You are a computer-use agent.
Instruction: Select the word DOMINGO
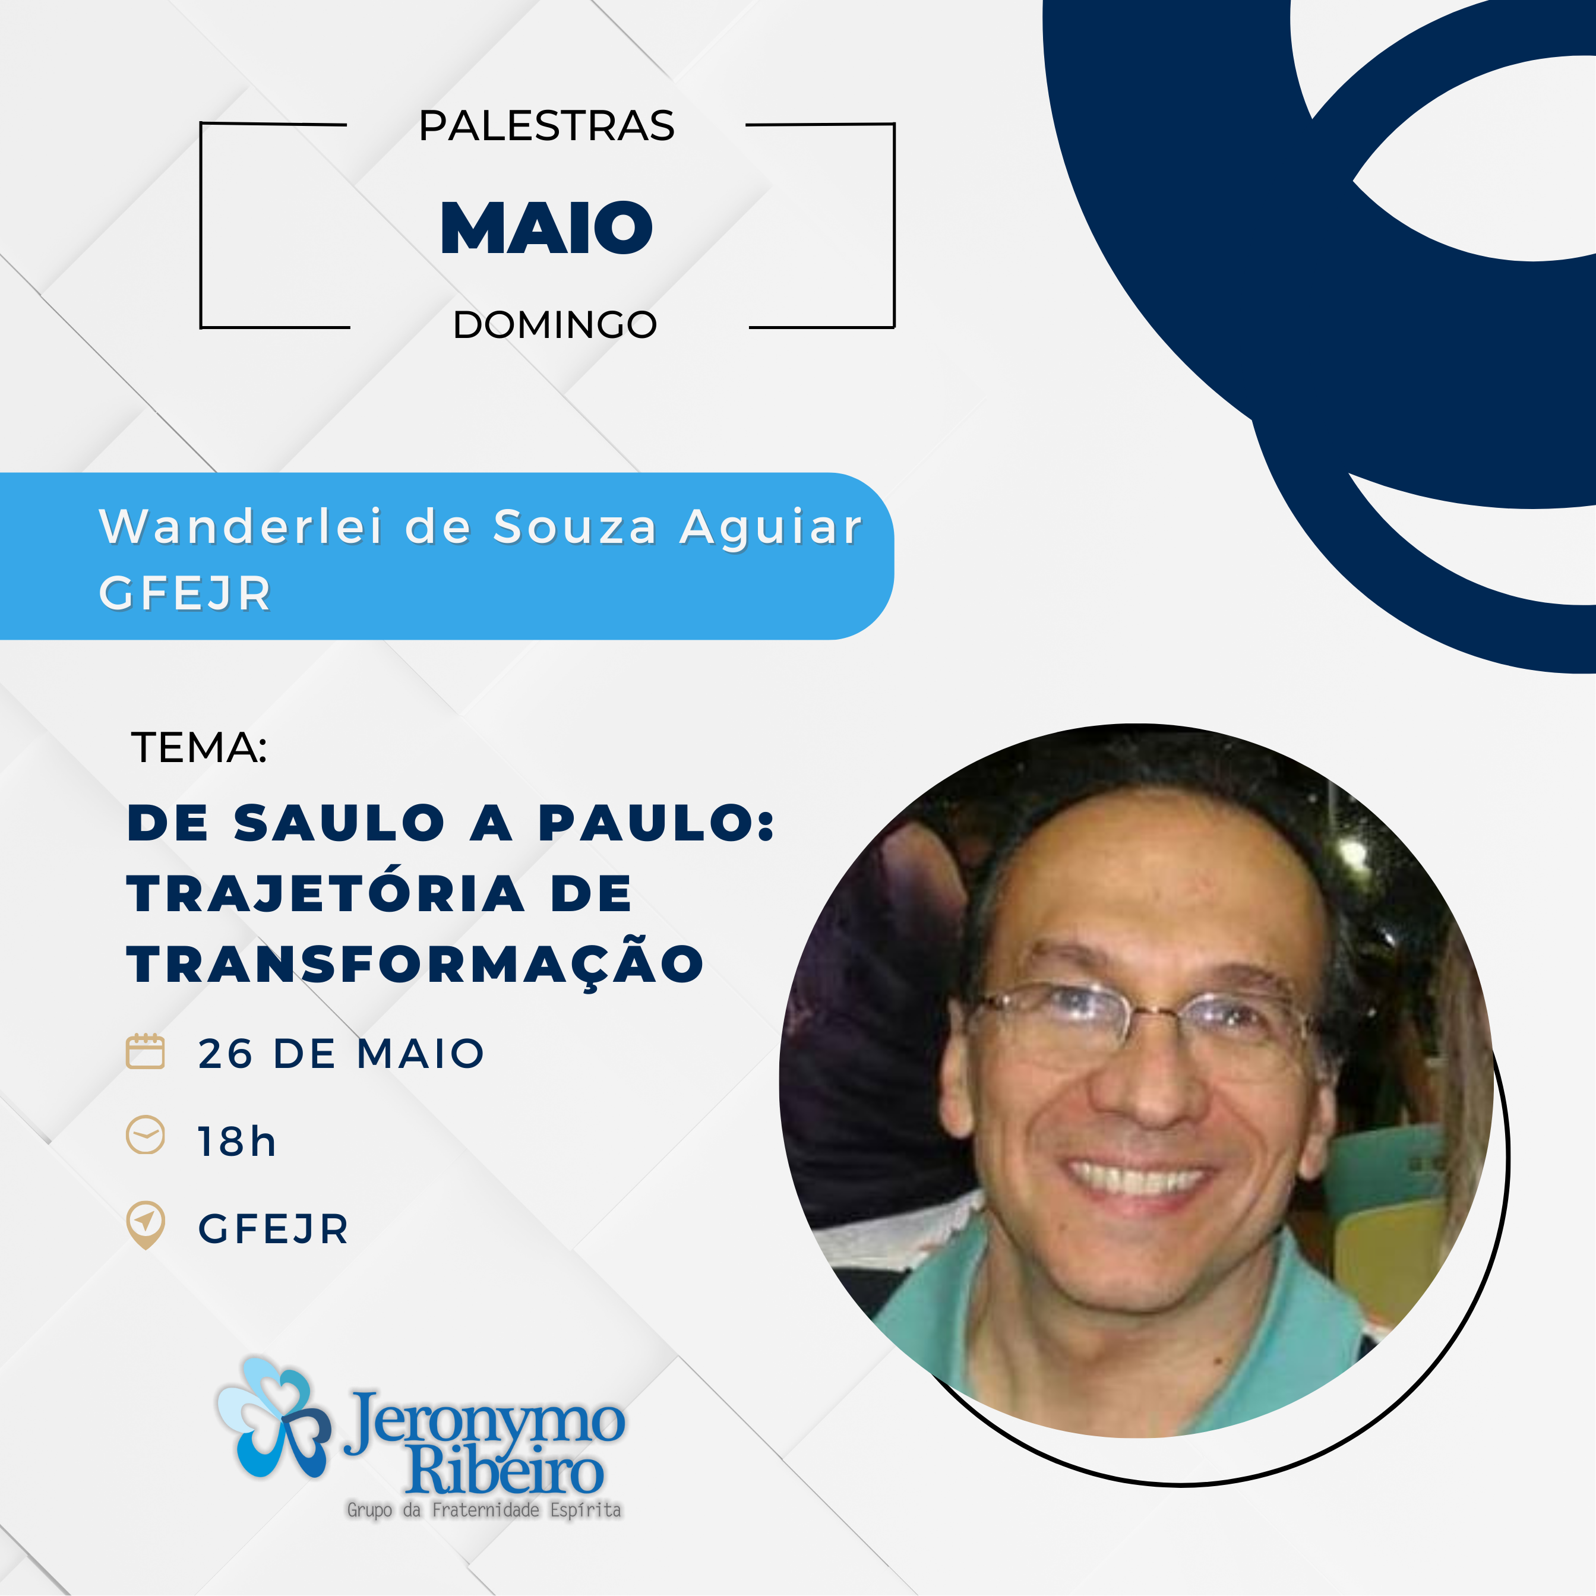(x=554, y=325)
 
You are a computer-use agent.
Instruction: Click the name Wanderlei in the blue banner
(x=241, y=526)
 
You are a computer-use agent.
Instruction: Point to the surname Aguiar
(x=771, y=526)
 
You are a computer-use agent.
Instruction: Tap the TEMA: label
(x=199, y=748)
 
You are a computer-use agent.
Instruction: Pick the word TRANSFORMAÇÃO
(x=415, y=963)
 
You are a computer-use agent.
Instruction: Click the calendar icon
(x=146, y=1051)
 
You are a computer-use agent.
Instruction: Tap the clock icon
(x=146, y=1135)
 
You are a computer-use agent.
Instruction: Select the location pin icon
(x=146, y=1224)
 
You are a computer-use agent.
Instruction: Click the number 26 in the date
(x=226, y=1054)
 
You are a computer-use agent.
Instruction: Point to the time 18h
(x=236, y=1142)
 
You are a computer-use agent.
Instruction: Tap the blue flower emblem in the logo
(x=273, y=1418)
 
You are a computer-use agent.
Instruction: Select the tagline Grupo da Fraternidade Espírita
(x=484, y=1510)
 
